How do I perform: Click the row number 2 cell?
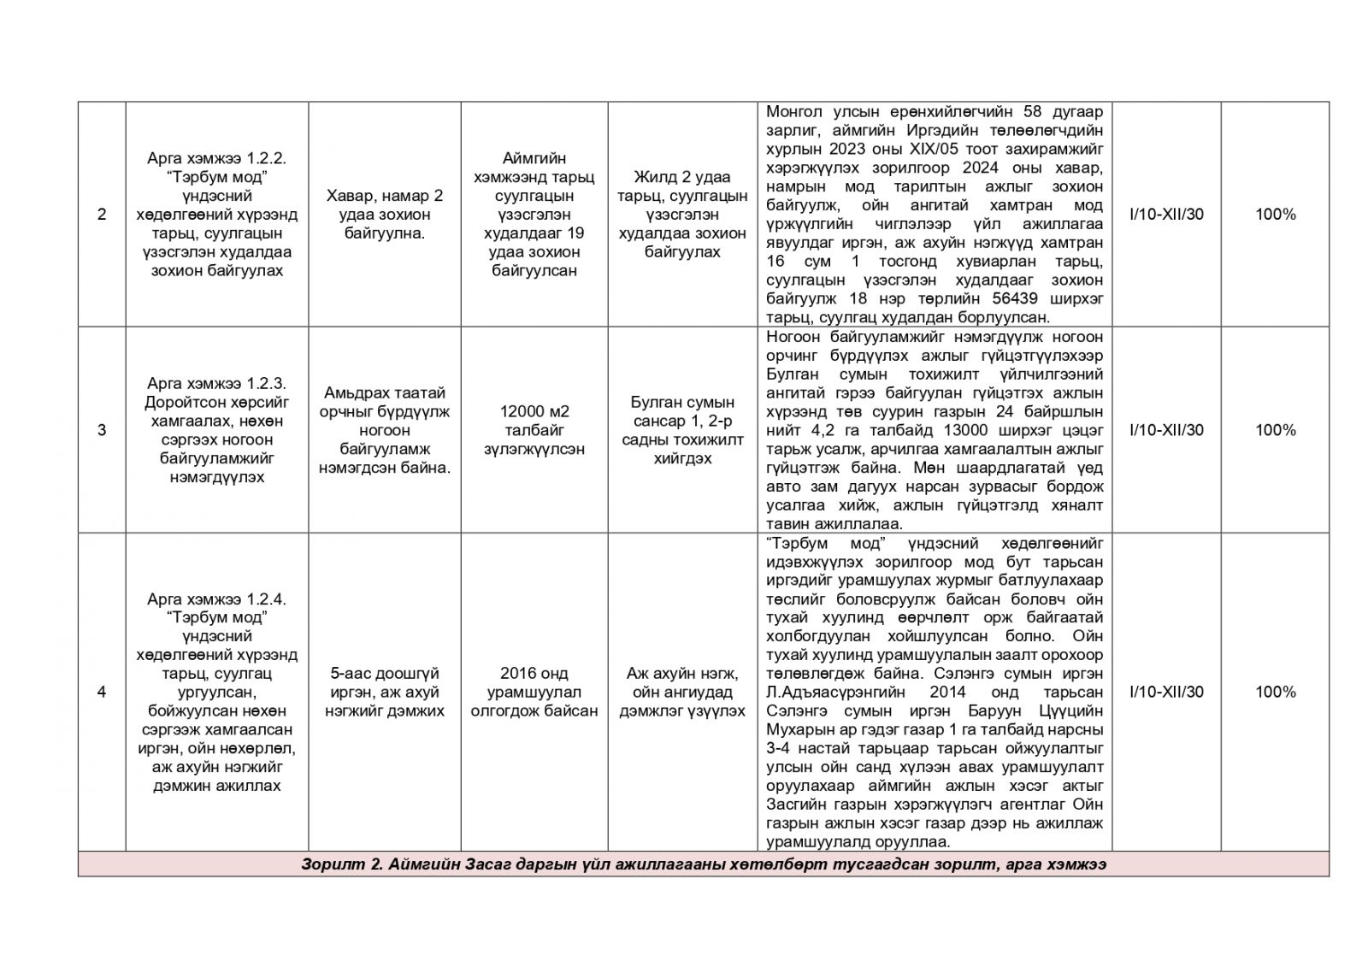tap(102, 215)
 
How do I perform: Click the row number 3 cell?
tap(102, 430)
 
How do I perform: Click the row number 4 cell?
tap(102, 692)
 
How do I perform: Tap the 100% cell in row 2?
tap(1275, 215)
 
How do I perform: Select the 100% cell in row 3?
tap(1275, 430)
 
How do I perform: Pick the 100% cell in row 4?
tap(1275, 692)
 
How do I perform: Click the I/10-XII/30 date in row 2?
tap(1166, 215)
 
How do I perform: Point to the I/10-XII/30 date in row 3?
tap(1166, 430)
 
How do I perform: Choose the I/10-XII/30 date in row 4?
tap(1166, 692)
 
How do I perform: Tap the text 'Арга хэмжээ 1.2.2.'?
tap(216, 158)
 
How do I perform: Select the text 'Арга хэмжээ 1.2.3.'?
tap(216, 383)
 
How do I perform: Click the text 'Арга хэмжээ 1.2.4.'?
tap(216, 598)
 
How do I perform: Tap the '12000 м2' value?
tap(534, 411)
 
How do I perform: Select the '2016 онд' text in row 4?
tap(534, 674)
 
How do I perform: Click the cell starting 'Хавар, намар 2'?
tap(385, 196)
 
